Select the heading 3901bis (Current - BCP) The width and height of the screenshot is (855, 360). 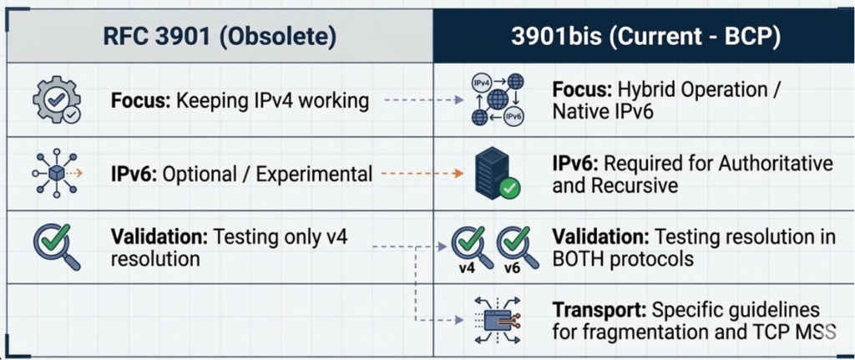[x=643, y=37]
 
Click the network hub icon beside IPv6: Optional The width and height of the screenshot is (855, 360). [x=56, y=174]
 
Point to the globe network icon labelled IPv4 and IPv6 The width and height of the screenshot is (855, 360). [x=498, y=99]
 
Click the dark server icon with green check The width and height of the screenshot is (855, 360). [x=496, y=174]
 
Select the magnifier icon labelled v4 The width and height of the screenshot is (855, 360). [x=467, y=248]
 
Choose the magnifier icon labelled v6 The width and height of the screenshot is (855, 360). [x=513, y=248]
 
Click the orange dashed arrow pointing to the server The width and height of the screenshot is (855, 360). [x=421, y=174]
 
